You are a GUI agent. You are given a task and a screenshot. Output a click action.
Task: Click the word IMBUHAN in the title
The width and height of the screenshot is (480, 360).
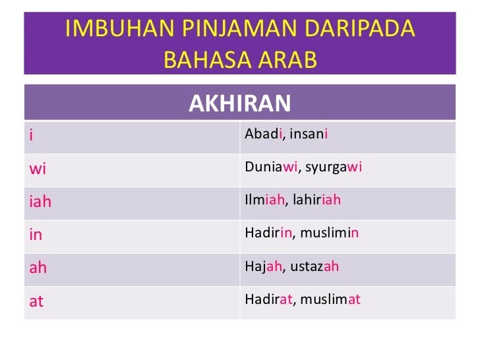[120, 28]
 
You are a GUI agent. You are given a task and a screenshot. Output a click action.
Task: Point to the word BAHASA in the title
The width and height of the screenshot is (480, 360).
[206, 59]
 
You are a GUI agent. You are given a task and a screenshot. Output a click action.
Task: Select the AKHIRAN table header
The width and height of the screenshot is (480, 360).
[240, 104]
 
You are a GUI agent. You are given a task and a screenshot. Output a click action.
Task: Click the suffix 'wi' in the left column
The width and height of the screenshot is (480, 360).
[38, 169]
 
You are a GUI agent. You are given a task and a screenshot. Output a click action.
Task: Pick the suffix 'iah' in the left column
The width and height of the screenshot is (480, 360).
[40, 202]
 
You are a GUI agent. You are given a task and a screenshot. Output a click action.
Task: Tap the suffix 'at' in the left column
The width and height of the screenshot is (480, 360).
[36, 301]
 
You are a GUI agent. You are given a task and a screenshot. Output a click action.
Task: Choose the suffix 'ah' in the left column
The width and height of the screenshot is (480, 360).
[38, 268]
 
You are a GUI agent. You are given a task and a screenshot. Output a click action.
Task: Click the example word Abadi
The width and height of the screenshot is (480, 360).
[263, 133]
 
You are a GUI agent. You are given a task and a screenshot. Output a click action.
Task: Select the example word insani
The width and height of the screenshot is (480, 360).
[309, 133]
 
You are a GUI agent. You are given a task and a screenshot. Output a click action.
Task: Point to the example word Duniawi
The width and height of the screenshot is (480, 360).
[271, 167]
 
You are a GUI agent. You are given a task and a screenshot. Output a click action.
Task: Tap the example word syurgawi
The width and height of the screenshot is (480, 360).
[334, 167]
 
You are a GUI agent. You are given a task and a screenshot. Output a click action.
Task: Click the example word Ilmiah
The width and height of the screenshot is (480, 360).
[264, 200]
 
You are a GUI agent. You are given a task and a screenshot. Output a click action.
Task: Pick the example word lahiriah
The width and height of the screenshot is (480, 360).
[317, 200]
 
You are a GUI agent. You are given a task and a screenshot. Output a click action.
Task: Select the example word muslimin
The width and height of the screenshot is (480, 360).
[329, 233]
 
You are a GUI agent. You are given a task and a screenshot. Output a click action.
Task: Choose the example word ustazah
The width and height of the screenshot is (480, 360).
[315, 266]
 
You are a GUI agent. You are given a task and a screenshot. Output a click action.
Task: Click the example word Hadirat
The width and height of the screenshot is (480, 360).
[268, 299]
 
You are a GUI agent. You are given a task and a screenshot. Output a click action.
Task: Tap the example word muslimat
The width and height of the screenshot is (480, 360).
[330, 299]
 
